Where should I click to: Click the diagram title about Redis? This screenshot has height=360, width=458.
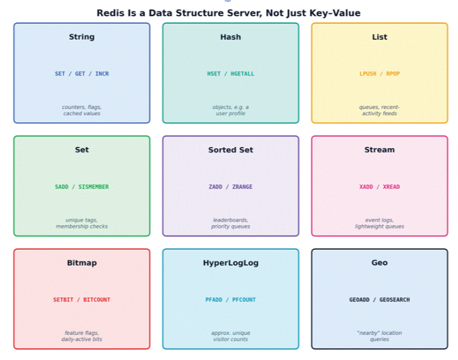(229, 13)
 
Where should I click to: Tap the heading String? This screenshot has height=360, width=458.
(82, 37)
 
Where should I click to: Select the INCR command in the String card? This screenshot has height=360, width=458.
(102, 74)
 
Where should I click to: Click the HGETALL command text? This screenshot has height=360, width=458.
(243, 74)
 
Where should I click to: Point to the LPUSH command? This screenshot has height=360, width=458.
(368, 74)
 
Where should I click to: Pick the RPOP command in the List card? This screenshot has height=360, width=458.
(393, 74)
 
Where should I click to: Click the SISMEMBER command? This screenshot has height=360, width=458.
(93, 187)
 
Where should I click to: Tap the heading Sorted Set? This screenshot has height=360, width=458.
(231, 150)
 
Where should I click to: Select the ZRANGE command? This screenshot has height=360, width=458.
(243, 187)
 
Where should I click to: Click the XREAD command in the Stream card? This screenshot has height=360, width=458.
(391, 187)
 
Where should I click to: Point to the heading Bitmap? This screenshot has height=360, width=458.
(82, 263)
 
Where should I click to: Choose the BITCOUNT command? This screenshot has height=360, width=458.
(97, 300)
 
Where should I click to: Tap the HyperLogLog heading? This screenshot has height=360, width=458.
(231, 263)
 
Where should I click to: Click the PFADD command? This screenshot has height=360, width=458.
(214, 300)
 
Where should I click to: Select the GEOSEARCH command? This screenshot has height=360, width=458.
(394, 300)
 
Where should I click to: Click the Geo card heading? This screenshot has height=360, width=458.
(379, 263)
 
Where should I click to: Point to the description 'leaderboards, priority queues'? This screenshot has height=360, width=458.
(231, 223)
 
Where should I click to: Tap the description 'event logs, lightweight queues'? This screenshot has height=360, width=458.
(379, 223)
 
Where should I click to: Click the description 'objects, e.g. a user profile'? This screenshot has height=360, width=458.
(231, 110)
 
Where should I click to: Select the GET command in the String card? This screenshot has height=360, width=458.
(80, 74)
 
